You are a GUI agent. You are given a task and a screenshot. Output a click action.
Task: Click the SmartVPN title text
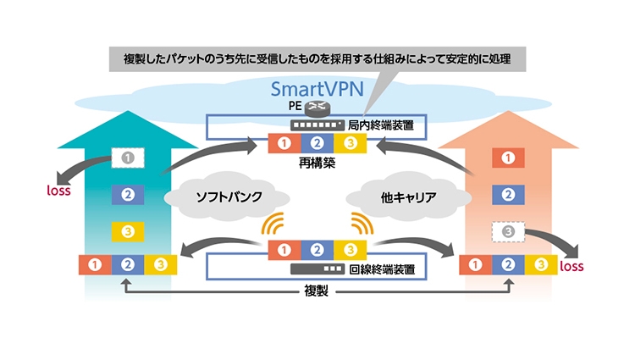click(x=317, y=88)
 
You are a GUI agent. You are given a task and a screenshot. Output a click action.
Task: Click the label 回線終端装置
click(x=380, y=270)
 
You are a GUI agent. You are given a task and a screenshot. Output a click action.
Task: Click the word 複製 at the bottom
click(x=317, y=291)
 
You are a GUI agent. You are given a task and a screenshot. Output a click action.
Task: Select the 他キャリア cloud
click(x=410, y=197)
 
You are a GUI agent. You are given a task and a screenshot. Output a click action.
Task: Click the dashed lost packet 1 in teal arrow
click(x=128, y=158)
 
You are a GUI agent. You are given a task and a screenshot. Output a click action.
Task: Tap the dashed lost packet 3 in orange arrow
click(x=507, y=231)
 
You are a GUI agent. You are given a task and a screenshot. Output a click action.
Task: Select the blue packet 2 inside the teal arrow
click(x=128, y=194)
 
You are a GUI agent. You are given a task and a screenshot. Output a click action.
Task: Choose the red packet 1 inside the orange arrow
click(x=507, y=158)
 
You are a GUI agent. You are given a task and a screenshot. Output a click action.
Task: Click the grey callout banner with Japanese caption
click(x=317, y=59)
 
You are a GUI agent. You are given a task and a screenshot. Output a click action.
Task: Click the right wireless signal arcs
click(x=362, y=224)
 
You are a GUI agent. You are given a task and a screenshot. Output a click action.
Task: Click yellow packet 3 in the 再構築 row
click(x=352, y=142)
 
